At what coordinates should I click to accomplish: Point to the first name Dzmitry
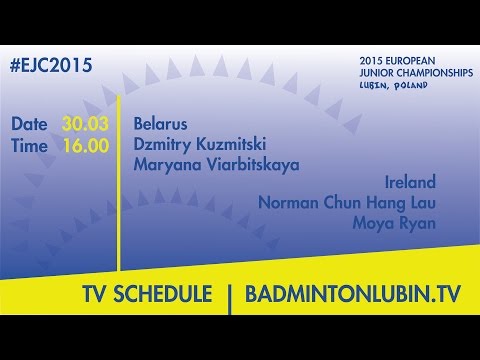160,145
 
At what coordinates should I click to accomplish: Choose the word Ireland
410,183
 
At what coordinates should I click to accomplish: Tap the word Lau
421,203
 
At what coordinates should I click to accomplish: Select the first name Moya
373,222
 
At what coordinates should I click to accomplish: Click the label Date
30,125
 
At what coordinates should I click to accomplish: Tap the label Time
30,145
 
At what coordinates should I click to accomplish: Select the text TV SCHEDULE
147,296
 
